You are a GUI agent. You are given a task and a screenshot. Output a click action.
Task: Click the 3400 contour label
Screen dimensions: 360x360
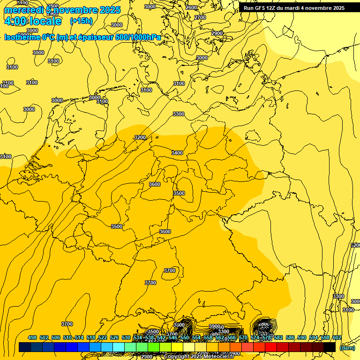click(x=177, y=153)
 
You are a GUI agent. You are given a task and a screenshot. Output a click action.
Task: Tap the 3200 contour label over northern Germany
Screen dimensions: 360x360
click(x=140, y=137)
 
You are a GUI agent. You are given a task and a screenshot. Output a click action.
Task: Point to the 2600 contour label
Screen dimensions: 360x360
click(x=191, y=7)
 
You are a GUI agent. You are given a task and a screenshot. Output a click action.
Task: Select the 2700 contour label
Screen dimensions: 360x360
click(x=200, y=17)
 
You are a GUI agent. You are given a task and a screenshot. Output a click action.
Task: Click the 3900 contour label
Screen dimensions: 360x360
click(x=215, y=326)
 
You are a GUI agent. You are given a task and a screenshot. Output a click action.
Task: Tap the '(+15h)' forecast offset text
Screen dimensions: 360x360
click(x=81, y=21)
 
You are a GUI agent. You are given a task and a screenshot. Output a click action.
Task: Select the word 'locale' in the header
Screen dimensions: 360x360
click(x=45, y=22)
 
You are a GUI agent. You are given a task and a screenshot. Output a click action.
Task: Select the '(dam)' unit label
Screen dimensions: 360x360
click(x=346, y=347)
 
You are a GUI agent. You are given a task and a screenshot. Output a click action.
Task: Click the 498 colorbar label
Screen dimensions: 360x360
click(x=32, y=337)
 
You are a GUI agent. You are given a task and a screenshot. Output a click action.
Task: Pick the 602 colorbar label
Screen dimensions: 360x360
click(x=337, y=337)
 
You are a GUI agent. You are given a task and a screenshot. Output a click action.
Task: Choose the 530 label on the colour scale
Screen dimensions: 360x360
click(x=126, y=337)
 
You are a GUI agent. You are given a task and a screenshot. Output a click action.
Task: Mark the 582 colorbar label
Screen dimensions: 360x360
click(x=278, y=337)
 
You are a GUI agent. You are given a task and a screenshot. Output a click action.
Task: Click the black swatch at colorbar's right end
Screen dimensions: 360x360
click(x=330, y=347)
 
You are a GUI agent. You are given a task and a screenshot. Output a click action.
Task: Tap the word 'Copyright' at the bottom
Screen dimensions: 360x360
click(x=177, y=357)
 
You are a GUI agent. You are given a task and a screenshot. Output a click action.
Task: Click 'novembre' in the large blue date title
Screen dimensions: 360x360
click(x=75, y=10)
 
